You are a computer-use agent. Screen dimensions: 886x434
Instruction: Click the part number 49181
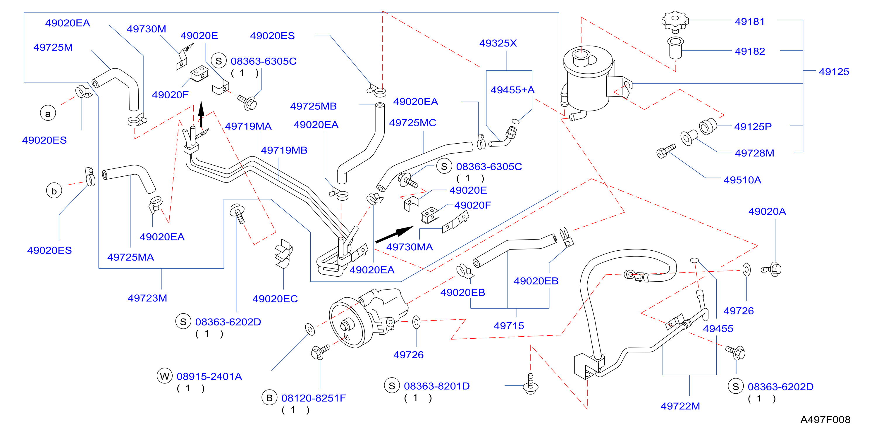click(749, 22)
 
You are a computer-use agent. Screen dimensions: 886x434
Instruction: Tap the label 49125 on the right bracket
click(834, 72)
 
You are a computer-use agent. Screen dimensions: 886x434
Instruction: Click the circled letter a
click(48, 113)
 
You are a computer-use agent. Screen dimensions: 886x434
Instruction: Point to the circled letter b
click(54, 191)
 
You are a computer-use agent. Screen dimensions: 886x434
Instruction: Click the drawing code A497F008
click(825, 420)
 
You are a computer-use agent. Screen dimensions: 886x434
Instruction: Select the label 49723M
click(147, 298)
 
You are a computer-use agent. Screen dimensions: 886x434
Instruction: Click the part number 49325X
click(498, 43)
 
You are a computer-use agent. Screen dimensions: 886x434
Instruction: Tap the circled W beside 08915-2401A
click(164, 376)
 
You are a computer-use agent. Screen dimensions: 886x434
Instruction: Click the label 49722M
click(680, 406)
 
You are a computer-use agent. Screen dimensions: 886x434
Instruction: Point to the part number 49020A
click(767, 211)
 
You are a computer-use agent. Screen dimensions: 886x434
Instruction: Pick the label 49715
click(509, 326)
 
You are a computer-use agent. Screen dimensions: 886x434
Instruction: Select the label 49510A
click(742, 180)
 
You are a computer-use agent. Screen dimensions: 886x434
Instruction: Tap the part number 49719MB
click(284, 150)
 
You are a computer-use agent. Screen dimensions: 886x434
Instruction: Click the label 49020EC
click(275, 299)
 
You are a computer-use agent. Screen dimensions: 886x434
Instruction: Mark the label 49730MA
click(409, 247)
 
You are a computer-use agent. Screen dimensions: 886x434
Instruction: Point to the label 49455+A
click(512, 90)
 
